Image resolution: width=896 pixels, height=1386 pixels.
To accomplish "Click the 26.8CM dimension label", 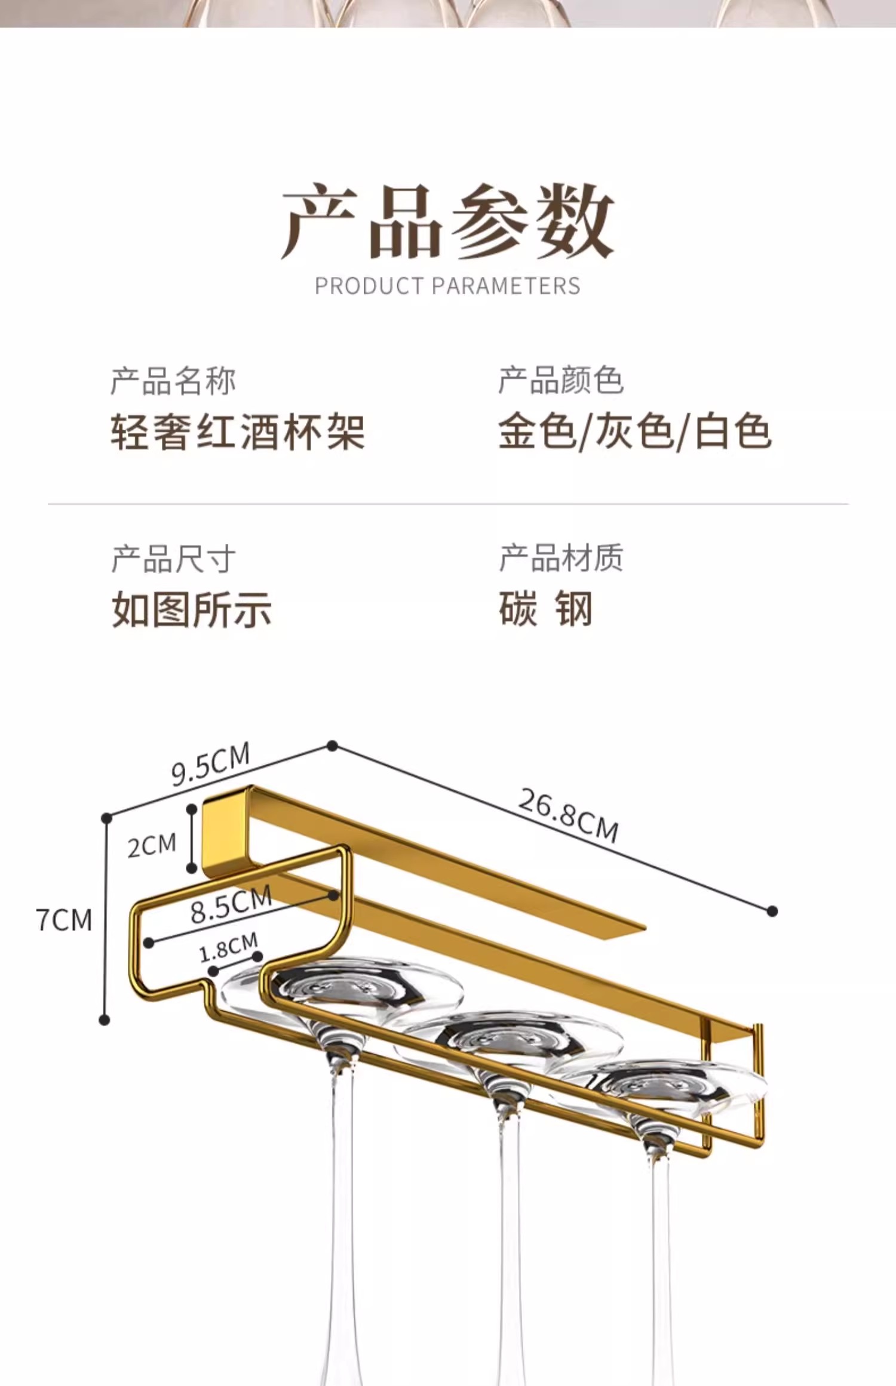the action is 567,815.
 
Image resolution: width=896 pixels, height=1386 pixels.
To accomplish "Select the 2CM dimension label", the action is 152,845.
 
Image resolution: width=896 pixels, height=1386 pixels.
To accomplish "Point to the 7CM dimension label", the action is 64,920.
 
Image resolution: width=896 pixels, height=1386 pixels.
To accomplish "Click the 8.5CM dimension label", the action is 231,905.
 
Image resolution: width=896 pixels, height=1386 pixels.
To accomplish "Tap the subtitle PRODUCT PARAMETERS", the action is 447,287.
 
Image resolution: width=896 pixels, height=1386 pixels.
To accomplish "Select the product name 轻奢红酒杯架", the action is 238,432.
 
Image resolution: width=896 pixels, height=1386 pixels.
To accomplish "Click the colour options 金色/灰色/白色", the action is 635,432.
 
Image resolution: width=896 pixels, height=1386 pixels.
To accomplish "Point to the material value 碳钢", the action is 545,609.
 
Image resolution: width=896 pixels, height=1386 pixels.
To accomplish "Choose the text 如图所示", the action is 192,609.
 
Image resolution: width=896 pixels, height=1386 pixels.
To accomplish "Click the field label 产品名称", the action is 173,381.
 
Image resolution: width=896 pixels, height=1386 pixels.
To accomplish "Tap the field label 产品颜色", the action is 561,381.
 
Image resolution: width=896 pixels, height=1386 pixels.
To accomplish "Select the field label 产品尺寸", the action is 173,559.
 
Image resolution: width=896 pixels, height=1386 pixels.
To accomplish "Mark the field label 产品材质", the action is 561,559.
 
